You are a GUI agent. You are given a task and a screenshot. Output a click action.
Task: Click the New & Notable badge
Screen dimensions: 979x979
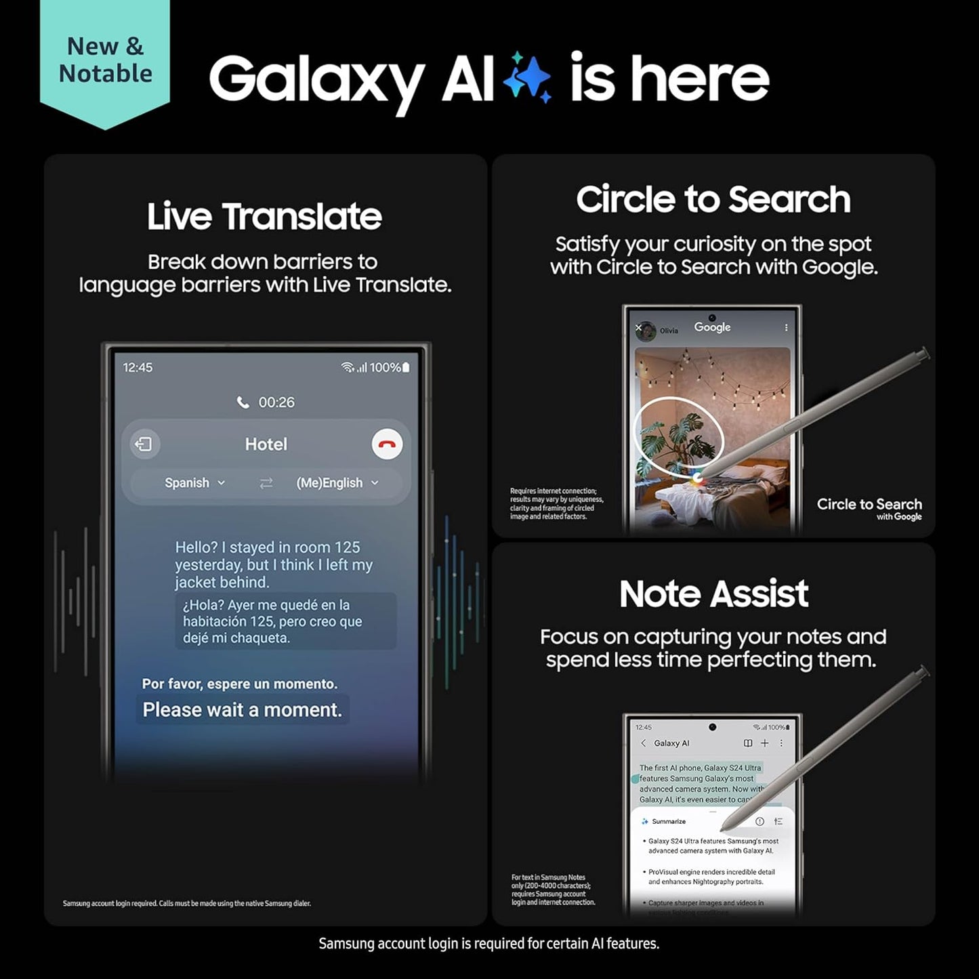[105, 61]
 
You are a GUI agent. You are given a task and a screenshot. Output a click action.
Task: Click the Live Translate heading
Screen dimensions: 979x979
[264, 216]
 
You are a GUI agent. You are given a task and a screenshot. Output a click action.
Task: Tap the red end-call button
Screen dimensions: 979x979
[387, 444]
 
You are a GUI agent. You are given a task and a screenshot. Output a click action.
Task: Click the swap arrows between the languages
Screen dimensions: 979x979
[266, 483]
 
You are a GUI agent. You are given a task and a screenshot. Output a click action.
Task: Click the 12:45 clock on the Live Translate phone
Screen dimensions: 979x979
[138, 367]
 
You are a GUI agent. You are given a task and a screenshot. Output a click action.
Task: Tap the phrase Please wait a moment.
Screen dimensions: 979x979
[242, 709]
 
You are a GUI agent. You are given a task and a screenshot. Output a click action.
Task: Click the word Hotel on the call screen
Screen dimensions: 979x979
[266, 444]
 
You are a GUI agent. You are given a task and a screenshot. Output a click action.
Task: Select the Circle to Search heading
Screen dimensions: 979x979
[713, 199]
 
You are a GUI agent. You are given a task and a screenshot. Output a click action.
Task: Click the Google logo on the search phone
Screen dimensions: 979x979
[712, 327]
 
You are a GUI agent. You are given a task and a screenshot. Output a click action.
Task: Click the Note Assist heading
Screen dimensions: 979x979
[713, 593]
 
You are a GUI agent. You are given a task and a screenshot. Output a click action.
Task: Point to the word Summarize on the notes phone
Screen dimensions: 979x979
[668, 821]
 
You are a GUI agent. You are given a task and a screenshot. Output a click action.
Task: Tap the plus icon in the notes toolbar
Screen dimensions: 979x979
[764, 743]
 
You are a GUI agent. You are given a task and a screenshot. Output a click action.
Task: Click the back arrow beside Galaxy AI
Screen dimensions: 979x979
[643, 743]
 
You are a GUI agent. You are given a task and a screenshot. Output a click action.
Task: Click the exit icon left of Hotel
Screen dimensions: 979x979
[144, 444]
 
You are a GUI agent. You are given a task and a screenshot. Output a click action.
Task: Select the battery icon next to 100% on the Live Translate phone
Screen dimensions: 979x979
[406, 367]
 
